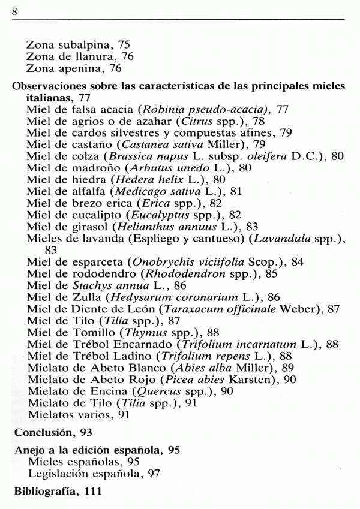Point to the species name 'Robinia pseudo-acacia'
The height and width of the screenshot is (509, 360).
click(x=191, y=109)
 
